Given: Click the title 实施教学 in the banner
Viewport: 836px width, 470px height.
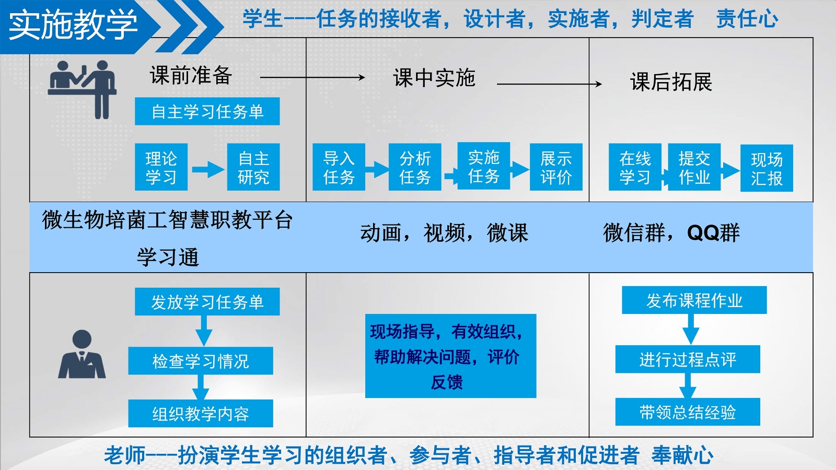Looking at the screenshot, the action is coord(73,25).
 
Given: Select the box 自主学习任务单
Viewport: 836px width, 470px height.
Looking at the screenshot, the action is coord(207,111).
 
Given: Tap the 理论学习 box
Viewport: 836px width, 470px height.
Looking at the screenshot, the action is coord(161,167).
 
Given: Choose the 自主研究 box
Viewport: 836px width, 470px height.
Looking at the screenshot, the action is coord(253,167).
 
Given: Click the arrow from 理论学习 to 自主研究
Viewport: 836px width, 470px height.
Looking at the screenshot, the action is coord(207,169).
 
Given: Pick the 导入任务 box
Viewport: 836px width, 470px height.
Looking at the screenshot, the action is coord(339,167).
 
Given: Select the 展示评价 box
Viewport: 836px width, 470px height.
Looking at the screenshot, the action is coord(556,167).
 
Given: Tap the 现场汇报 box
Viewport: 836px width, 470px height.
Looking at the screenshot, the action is coord(767,168).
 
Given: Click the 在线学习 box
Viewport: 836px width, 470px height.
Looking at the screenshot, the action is coord(635,167).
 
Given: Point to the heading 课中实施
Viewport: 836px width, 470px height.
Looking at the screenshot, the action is coord(434,78).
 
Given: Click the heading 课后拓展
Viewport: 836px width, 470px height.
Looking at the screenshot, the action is coord(671,82).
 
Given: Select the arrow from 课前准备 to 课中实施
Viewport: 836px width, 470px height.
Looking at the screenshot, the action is coord(312,77).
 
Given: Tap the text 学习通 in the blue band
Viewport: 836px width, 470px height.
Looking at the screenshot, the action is coord(168,257).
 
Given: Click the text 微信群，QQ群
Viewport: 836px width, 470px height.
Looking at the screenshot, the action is coord(671,233).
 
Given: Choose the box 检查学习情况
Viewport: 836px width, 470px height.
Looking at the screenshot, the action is coord(201,361).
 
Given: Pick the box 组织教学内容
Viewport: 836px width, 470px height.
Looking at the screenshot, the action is coord(201,414).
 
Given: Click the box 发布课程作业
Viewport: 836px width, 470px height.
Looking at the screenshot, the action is coord(694,300).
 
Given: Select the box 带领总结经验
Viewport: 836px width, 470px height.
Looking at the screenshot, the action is coord(688,412).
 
